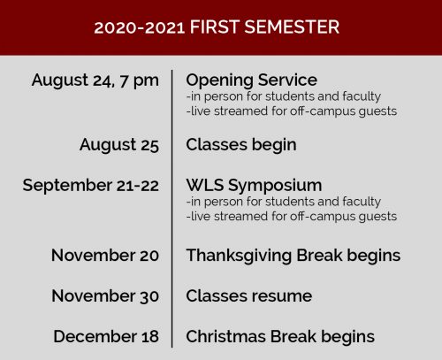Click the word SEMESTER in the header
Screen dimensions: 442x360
point(292,27)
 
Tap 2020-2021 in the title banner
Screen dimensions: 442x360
point(139,27)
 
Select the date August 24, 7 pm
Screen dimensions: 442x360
point(95,80)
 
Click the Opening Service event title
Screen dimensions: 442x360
point(251,80)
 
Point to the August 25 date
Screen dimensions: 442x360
point(119,145)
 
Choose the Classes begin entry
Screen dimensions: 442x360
point(241,145)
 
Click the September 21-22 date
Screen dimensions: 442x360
point(91,186)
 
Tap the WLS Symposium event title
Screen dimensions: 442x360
point(254,186)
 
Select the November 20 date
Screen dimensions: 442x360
point(105,255)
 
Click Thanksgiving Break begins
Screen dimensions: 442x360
point(293,256)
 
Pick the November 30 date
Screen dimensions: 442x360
point(105,295)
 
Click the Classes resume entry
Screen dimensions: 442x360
point(249,295)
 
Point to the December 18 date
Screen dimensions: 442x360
point(106,336)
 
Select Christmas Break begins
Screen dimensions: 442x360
point(280,337)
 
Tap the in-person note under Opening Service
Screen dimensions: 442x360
point(284,96)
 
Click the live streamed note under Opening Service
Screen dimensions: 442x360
point(292,111)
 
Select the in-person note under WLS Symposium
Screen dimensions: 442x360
point(284,202)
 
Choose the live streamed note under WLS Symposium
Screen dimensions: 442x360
point(292,217)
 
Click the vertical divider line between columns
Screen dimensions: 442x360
point(172,209)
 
